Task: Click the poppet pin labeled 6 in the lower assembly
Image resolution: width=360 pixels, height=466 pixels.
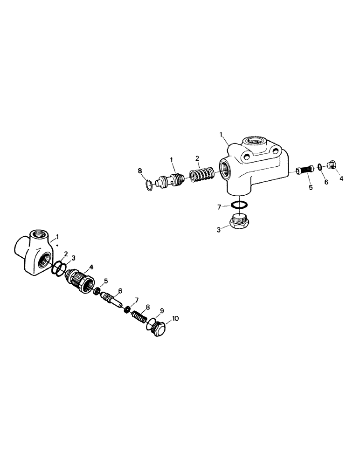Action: pos(113,300)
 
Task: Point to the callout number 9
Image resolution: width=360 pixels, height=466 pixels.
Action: pos(162,310)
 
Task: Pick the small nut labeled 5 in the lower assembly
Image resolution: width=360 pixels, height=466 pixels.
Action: pos(98,291)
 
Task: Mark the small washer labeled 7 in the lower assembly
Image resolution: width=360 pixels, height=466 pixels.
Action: pos(127,309)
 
